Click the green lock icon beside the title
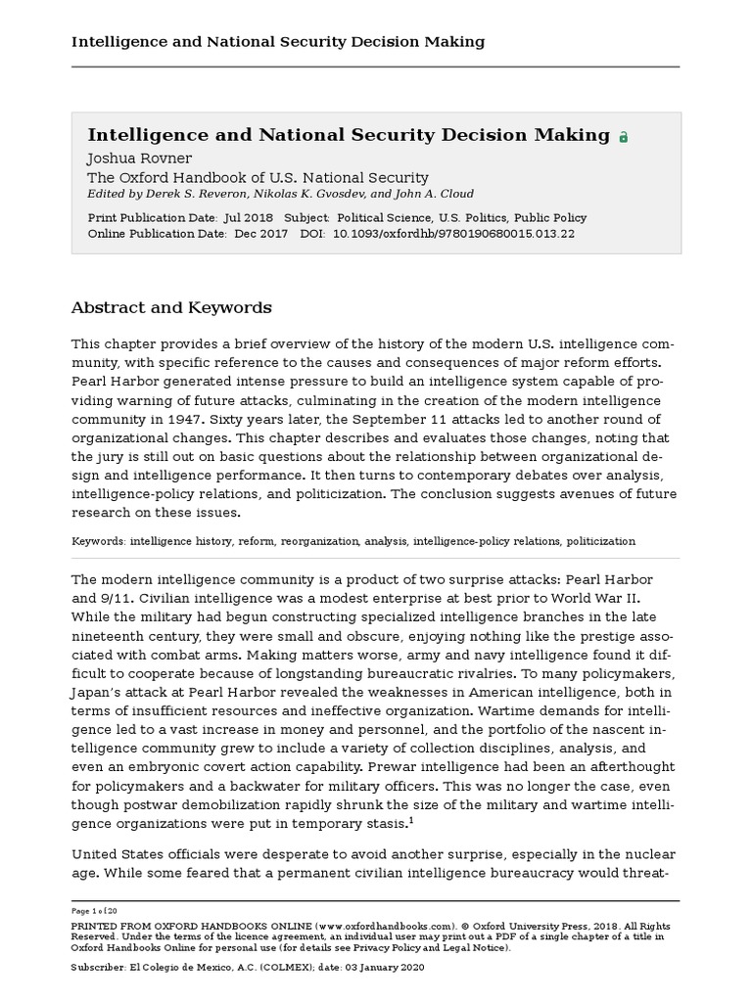[624, 138]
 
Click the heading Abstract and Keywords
[171, 307]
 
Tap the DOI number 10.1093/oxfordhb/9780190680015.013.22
[453, 234]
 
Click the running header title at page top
[278, 41]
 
